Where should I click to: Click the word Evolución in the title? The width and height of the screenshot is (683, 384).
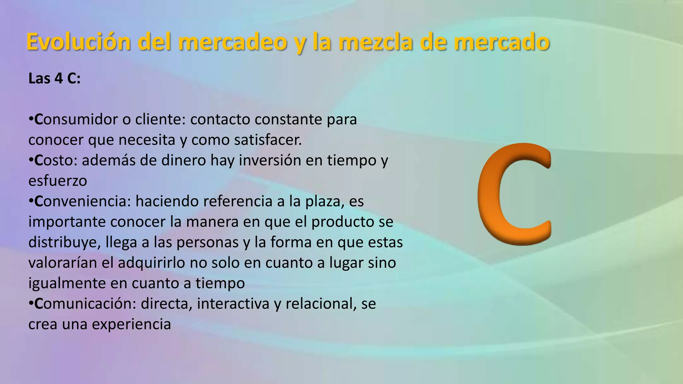pyautogui.click(x=78, y=42)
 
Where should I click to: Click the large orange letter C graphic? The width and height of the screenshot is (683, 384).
pyautogui.click(x=514, y=194)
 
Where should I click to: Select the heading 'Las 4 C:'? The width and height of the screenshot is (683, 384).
pyautogui.click(x=54, y=79)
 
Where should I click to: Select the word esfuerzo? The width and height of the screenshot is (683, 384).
pyautogui.click(x=58, y=181)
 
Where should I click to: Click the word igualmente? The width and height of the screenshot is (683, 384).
pyautogui.click(x=67, y=283)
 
